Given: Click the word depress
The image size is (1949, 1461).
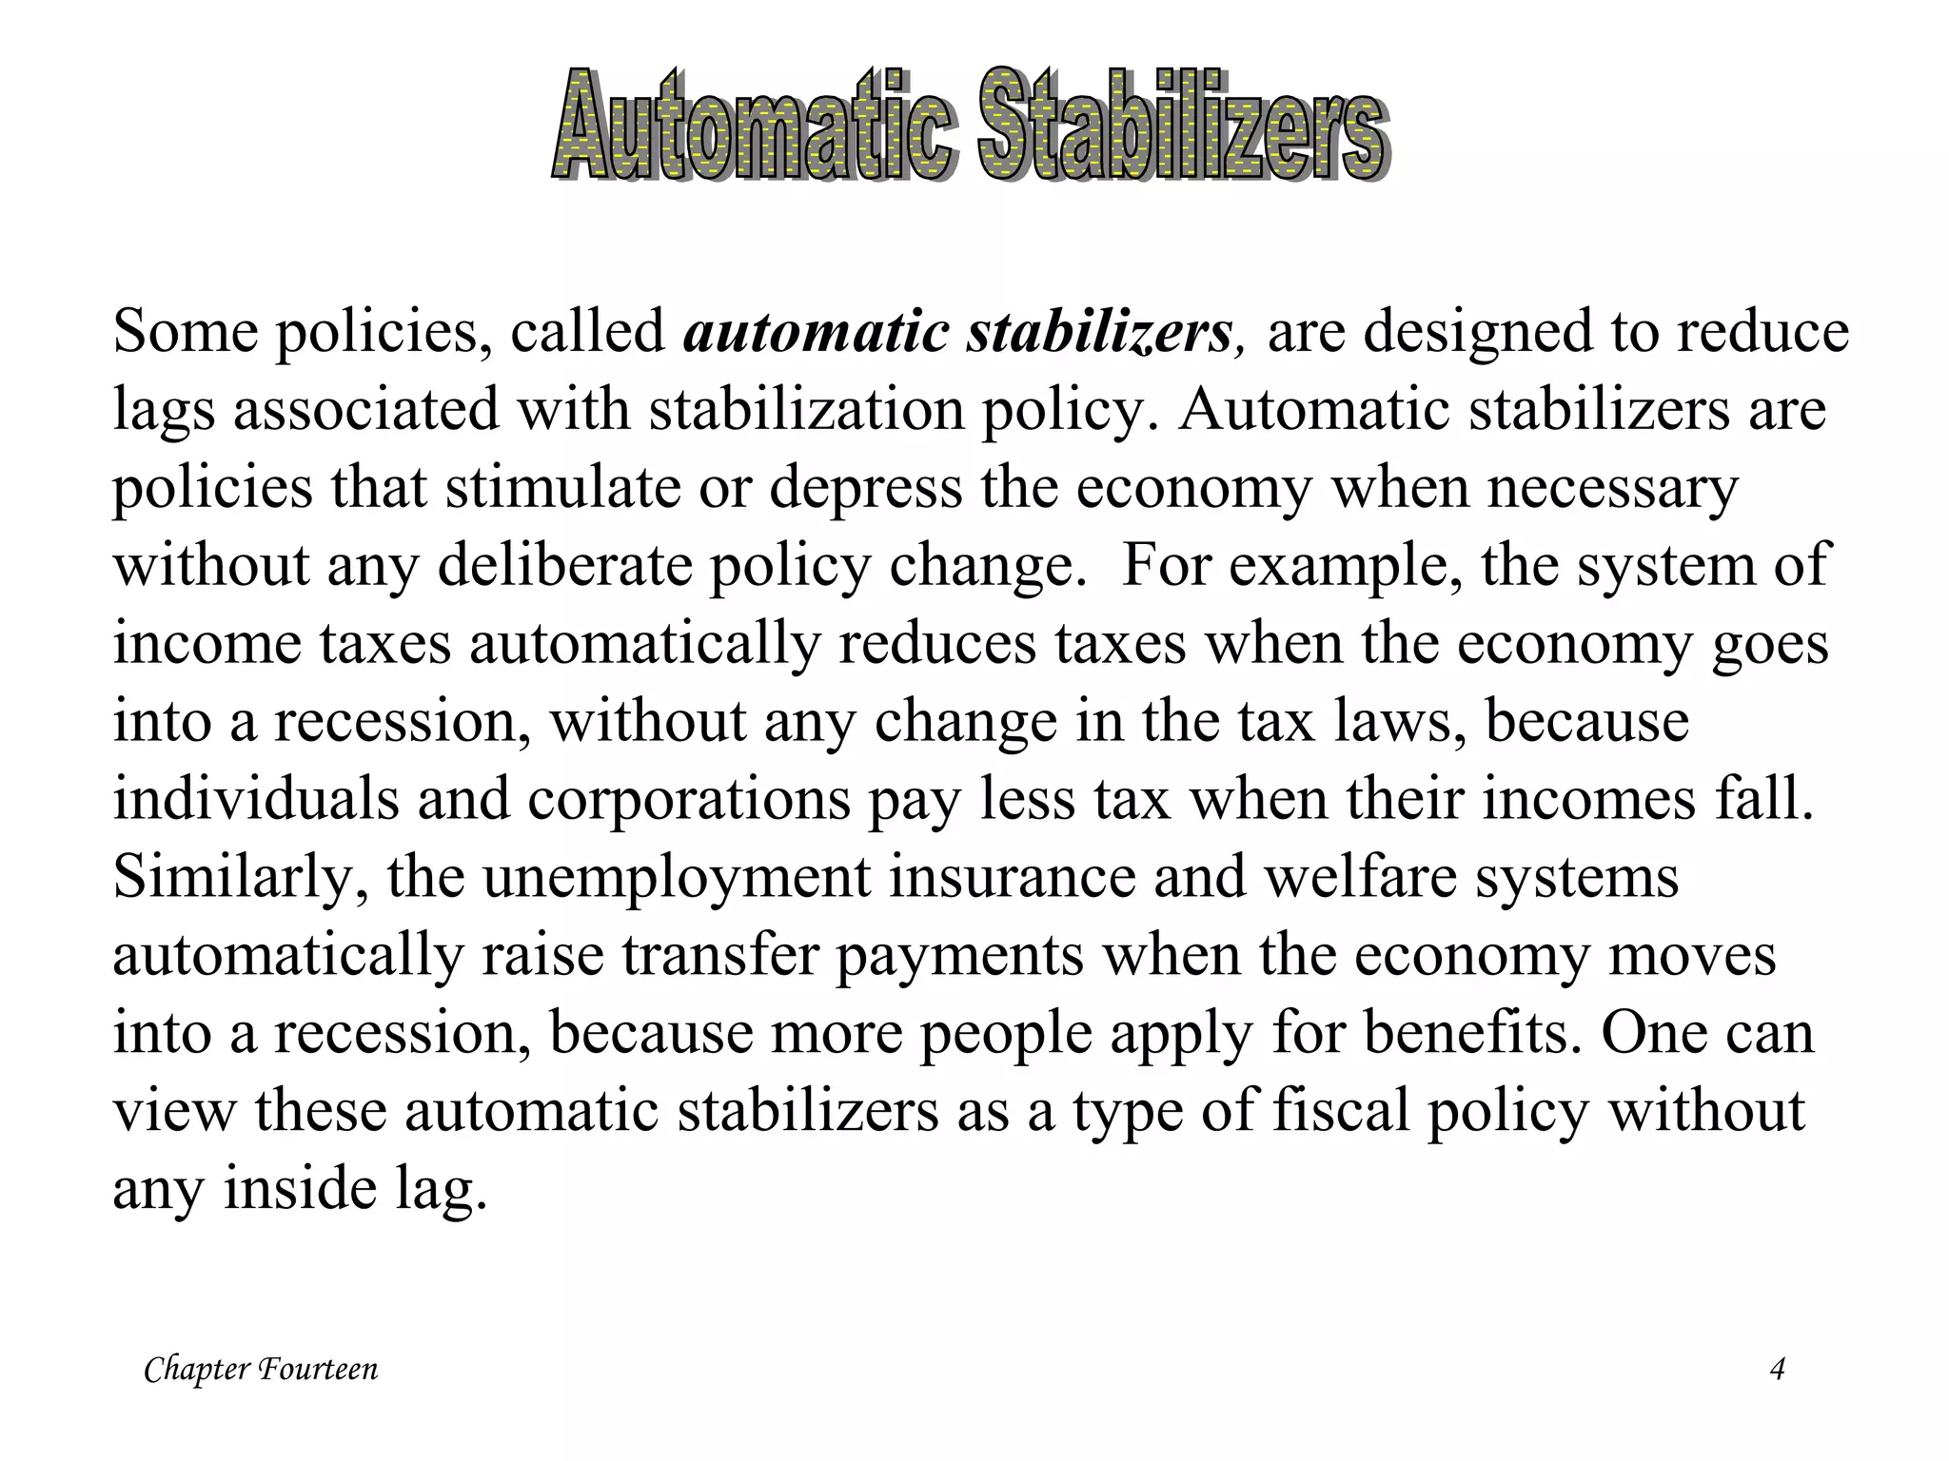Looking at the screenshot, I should (865, 487).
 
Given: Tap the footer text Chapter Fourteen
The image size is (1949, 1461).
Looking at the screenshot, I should (261, 1370).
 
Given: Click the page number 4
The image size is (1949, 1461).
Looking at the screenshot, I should (1776, 1370).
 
